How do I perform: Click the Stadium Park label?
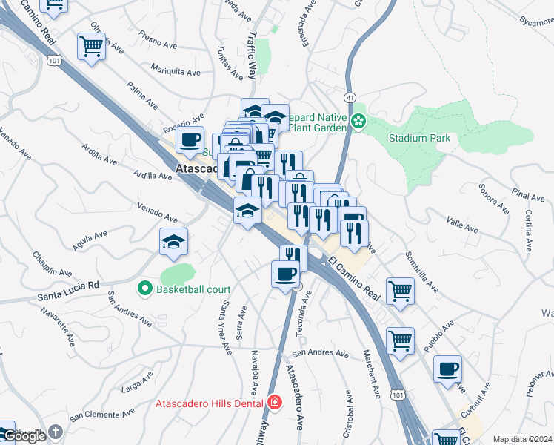click(419, 138)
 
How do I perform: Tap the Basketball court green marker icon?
click(145, 289)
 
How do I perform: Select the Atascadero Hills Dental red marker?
click(275, 403)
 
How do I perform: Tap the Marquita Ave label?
click(176, 73)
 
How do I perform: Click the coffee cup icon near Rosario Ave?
click(190, 139)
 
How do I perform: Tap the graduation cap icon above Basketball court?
click(173, 241)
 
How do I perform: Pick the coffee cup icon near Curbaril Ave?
click(447, 369)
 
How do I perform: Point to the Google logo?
click(24, 436)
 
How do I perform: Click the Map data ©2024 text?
click(522, 439)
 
